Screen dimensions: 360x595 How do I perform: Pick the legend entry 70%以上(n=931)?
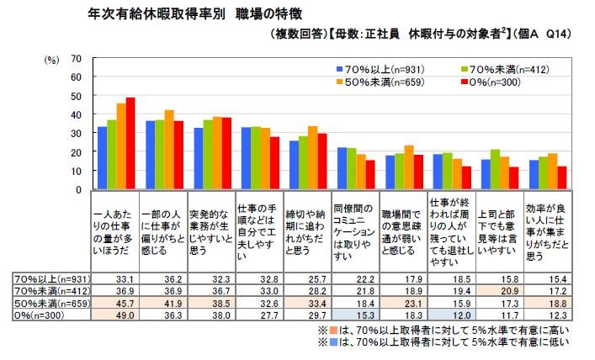(371, 66)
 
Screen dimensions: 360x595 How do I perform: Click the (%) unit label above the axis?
(52, 59)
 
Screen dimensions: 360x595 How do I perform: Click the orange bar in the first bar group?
(121, 146)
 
